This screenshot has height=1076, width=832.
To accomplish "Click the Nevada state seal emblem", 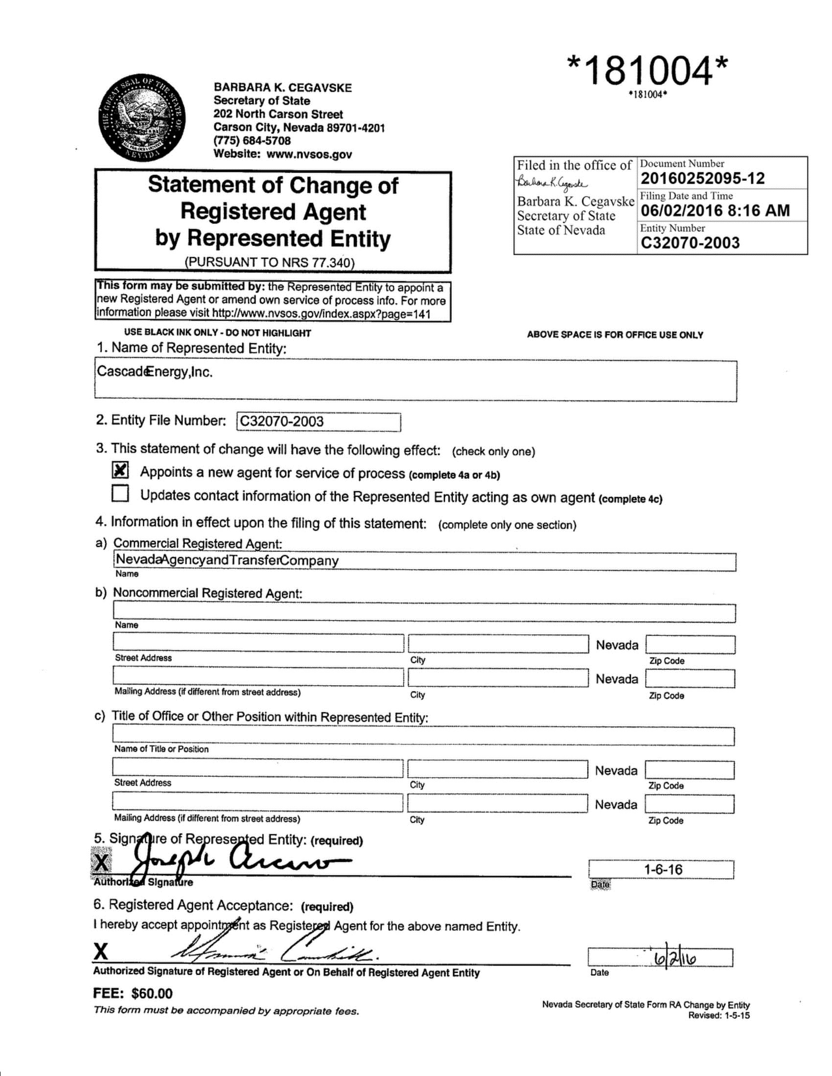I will coord(142,120).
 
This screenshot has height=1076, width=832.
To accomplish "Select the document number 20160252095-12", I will coord(702,179).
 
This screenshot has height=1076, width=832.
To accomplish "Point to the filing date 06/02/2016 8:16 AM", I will coord(715,211).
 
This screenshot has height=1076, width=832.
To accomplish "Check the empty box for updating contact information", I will coord(120,493).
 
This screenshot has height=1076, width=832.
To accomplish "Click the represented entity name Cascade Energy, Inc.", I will coord(155,372).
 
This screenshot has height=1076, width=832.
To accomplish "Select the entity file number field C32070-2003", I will coord(318,422).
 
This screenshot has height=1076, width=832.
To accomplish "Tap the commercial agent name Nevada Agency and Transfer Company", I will coord(227,560).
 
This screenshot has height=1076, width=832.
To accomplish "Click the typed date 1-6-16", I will coord(663,870).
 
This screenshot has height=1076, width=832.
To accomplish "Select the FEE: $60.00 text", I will coord(133,993).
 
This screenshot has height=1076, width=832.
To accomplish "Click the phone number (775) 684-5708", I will coord(252,140).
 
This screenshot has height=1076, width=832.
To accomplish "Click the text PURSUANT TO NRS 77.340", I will coord(270,262).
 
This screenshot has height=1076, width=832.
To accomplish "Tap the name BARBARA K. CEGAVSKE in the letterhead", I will coord(282,88).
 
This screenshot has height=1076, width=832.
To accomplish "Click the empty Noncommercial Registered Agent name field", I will coord(424,613).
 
